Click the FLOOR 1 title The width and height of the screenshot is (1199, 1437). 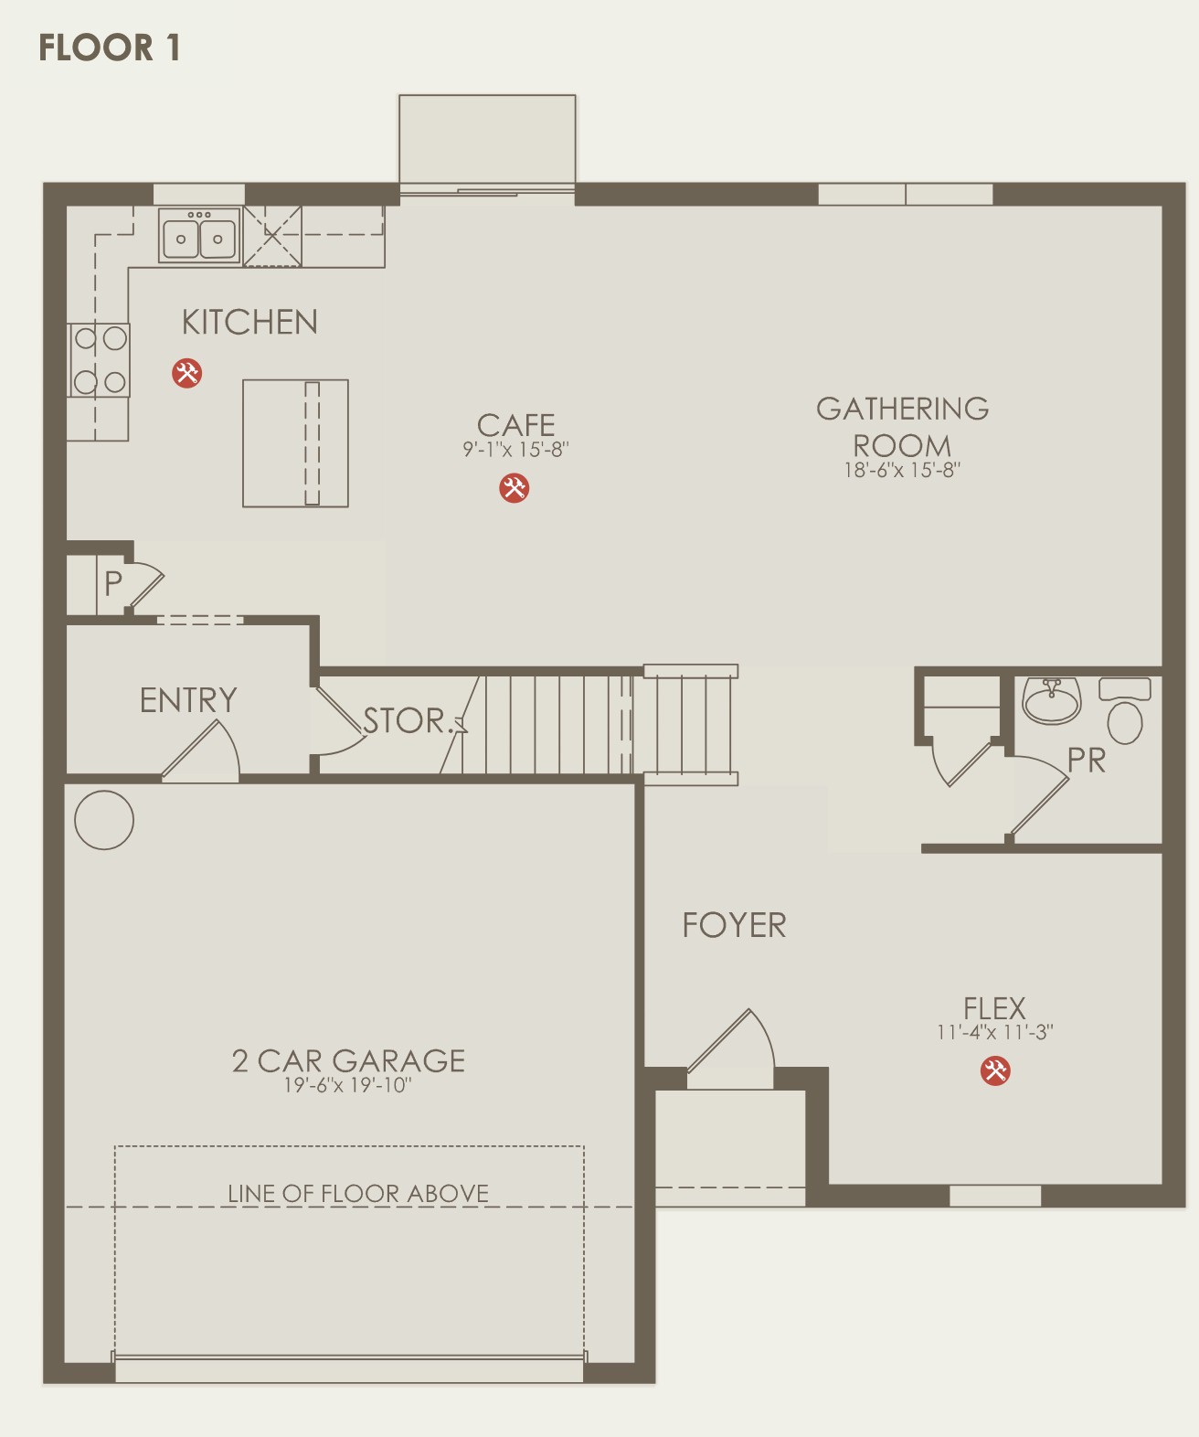coord(110,48)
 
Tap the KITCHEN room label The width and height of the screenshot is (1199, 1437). coord(249,322)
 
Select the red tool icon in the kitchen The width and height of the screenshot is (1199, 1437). coord(187,373)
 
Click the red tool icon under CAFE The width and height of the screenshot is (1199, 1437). coord(514,488)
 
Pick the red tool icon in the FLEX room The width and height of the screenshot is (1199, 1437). coord(994,1070)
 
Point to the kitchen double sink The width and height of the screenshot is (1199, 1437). coord(199,235)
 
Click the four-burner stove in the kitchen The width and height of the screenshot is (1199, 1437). coord(99,360)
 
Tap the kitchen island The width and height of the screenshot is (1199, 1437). coord(296,443)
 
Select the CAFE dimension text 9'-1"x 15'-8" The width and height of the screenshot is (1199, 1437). coord(516,450)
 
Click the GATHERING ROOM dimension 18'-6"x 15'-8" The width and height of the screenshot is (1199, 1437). coord(902,470)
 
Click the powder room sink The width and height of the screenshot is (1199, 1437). coord(1051,700)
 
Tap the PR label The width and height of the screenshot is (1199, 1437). coord(1087,761)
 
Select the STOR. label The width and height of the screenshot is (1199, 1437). coord(406,720)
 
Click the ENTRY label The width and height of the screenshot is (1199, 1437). coord(188,700)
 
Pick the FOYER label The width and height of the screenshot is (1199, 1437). coord(734,925)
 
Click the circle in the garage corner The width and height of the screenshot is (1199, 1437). coord(104,820)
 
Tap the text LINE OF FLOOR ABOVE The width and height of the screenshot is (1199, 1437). coord(358,1193)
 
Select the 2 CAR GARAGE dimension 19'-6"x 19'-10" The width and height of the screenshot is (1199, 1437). coord(348,1085)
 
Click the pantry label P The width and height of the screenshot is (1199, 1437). coord(113,583)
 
